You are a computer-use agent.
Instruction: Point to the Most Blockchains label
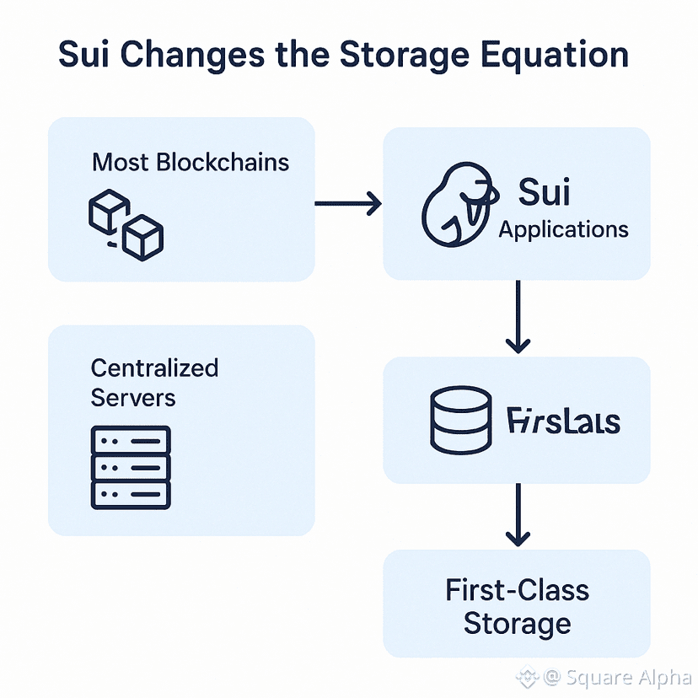coord(191,162)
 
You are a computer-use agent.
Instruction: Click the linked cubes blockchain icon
coord(126,223)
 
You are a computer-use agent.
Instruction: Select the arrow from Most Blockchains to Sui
coord(347,203)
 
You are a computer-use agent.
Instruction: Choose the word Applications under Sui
coord(563,229)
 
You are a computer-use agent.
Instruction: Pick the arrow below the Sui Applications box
coord(518,317)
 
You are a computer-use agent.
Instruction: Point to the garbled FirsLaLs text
coord(564,421)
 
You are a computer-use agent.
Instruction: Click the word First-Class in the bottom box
coord(518,590)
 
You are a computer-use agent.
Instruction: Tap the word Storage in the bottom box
coord(518,625)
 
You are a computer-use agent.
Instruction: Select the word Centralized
coord(154,368)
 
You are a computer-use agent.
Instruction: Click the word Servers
coord(133,397)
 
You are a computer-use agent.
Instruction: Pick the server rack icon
coord(131,467)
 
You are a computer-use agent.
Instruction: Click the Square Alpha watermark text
coord(628,677)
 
